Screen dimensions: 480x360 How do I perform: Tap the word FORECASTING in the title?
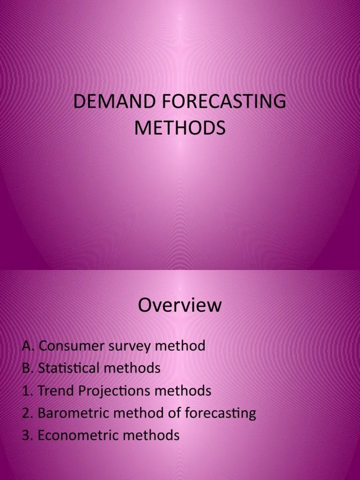[220, 102]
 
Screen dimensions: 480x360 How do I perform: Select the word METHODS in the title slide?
[180, 127]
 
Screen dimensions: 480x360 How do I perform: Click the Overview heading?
[180, 306]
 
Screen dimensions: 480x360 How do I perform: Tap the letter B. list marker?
[28, 368]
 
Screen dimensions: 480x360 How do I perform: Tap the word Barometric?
[72, 413]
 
